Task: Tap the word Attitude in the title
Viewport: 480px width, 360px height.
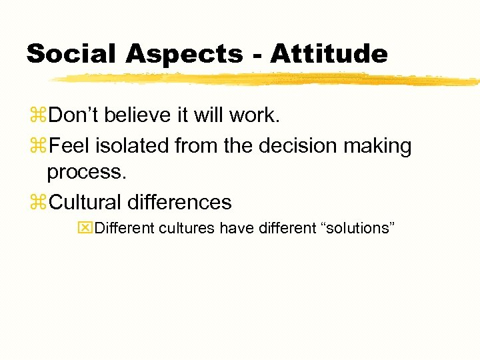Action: [x=328, y=53]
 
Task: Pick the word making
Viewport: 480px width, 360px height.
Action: [x=376, y=146]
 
